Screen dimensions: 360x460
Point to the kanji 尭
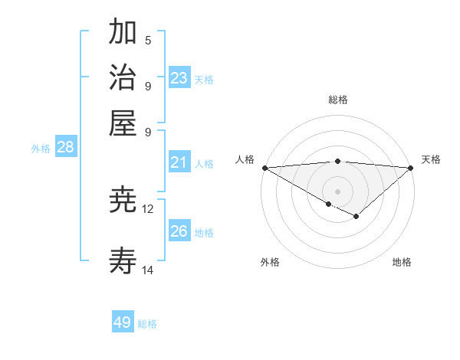point(123,200)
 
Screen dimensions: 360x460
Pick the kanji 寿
point(123,262)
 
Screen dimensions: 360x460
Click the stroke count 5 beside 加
point(148,40)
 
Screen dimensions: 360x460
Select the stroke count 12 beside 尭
point(148,208)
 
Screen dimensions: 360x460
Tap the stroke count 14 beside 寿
point(148,270)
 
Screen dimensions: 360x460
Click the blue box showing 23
point(179,77)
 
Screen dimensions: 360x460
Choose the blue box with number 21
point(179,162)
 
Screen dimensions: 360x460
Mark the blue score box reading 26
point(179,231)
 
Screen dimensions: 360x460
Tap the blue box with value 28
point(65,148)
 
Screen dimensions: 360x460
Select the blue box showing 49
point(123,322)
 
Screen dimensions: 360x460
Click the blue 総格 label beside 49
point(147,324)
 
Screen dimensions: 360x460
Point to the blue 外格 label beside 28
point(41,149)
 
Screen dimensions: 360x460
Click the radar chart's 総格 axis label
point(337,100)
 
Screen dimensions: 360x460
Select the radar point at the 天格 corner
point(411,168)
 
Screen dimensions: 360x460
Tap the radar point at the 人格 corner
point(264,168)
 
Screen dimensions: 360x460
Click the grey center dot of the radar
point(337,191)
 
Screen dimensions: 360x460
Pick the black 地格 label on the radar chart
point(402,262)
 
